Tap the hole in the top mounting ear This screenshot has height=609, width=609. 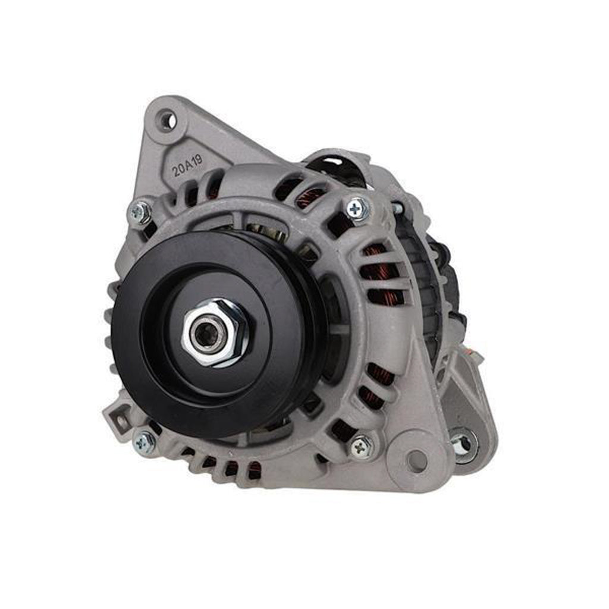click(x=167, y=121)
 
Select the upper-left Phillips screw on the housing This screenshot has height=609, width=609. click(x=140, y=211)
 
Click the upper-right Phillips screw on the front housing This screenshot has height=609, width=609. click(x=357, y=208)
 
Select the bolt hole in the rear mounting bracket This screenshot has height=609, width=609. click(x=463, y=444)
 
